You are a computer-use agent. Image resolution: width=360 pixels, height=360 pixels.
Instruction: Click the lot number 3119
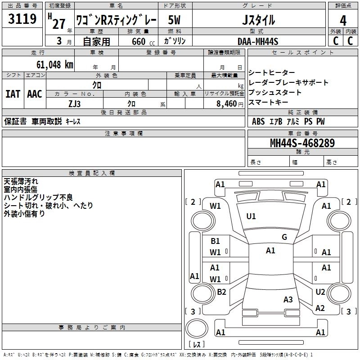point(22,19)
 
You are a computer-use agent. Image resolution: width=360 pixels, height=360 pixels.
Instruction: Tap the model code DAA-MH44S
point(258,41)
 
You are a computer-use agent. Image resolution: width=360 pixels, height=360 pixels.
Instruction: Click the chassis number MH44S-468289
point(302,143)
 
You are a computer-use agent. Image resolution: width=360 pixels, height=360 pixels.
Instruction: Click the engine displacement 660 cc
point(138,41)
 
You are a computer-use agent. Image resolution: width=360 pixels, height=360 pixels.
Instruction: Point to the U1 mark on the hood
point(251,216)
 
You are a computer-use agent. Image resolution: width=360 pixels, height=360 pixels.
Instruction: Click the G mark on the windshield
point(284,237)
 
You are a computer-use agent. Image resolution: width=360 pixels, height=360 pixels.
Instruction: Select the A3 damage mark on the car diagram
point(288,300)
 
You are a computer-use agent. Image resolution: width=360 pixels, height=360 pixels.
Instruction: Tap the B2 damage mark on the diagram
point(221,292)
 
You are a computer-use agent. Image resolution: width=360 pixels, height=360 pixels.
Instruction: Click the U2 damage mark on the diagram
point(320,292)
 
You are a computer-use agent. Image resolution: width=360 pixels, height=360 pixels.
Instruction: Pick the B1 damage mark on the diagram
point(215,241)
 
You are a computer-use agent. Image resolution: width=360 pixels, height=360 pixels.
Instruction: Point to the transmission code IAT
point(13,94)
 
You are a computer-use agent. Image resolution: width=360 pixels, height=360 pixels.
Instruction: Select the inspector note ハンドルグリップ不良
point(38,197)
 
